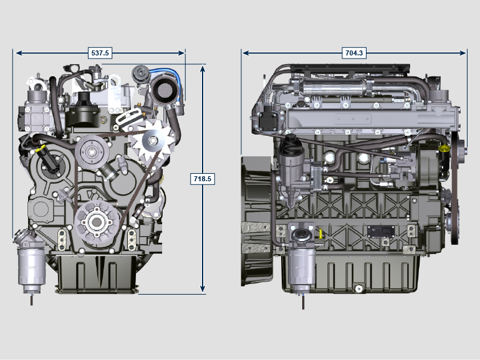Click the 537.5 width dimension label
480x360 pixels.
tap(100, 53)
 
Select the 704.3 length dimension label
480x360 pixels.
tap(354, 53)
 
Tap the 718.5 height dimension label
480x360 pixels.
tap(203, 179)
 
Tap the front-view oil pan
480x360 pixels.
tap(97, 273)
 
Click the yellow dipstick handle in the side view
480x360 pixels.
tap(320, 234)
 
